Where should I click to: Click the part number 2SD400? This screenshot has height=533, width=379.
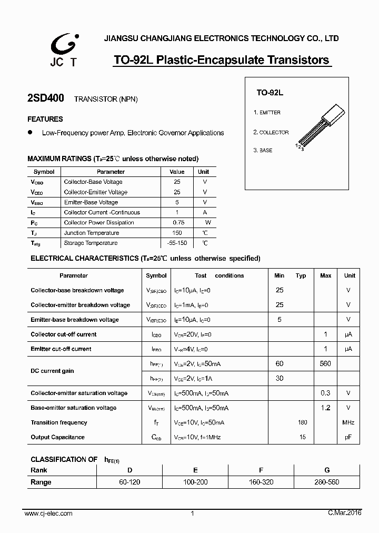click(x=45, y=98)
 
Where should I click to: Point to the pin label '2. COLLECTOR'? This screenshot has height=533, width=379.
click(x=271, y=133)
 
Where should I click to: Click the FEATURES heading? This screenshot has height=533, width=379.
click(x=45, y=119)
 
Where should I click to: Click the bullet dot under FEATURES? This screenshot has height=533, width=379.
click(x=30, y=132)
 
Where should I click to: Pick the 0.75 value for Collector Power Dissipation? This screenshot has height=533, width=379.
click(x=177, y=223)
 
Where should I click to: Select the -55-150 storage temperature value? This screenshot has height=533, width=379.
click(x=177, y=243)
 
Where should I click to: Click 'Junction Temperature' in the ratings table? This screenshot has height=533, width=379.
click(x=92, y=233)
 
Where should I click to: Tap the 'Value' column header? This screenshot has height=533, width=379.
click(x=177, y=172)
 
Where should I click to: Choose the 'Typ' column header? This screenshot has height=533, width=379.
click(x=301, y=275)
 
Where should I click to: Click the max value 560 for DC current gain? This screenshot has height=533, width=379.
click(x=326, y=364)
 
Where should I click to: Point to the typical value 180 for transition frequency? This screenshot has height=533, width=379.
click(x=302, y=422)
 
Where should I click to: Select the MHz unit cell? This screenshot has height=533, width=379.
click(x=348, y=422)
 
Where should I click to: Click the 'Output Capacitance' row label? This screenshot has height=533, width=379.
click(x=57, y=437)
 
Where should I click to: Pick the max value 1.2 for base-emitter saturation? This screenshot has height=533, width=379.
click(x=326, y=408)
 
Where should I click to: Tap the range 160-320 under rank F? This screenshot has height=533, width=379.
click(x=261, y=482)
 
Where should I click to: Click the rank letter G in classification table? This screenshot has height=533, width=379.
click(x=326, y=470)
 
